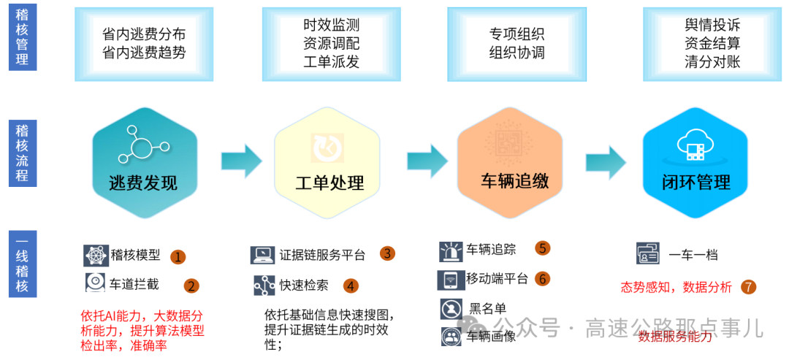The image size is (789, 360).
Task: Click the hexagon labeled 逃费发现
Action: (144, 164)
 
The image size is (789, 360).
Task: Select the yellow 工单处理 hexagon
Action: (327, 164)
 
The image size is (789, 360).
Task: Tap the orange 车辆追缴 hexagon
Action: (510, 164)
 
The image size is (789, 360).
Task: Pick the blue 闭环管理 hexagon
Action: (695, 164)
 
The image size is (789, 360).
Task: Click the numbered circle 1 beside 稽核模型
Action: (178, 256)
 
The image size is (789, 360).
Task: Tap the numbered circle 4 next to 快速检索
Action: (351, 286)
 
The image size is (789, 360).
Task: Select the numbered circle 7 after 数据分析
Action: (748, 287)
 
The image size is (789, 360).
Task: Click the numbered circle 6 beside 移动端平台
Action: (541, 278)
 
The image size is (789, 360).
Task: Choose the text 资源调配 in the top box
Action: (331, 43)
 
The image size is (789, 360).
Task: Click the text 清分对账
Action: (712, 61)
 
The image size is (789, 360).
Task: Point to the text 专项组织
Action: (517, 34)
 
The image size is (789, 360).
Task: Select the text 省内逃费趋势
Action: (144, 53)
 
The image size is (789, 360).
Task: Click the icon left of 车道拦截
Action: (95, 283)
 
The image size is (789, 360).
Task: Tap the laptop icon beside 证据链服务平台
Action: (262, 255)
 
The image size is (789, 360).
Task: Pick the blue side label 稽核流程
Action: (23, 154)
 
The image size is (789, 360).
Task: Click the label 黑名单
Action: (487, 308)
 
